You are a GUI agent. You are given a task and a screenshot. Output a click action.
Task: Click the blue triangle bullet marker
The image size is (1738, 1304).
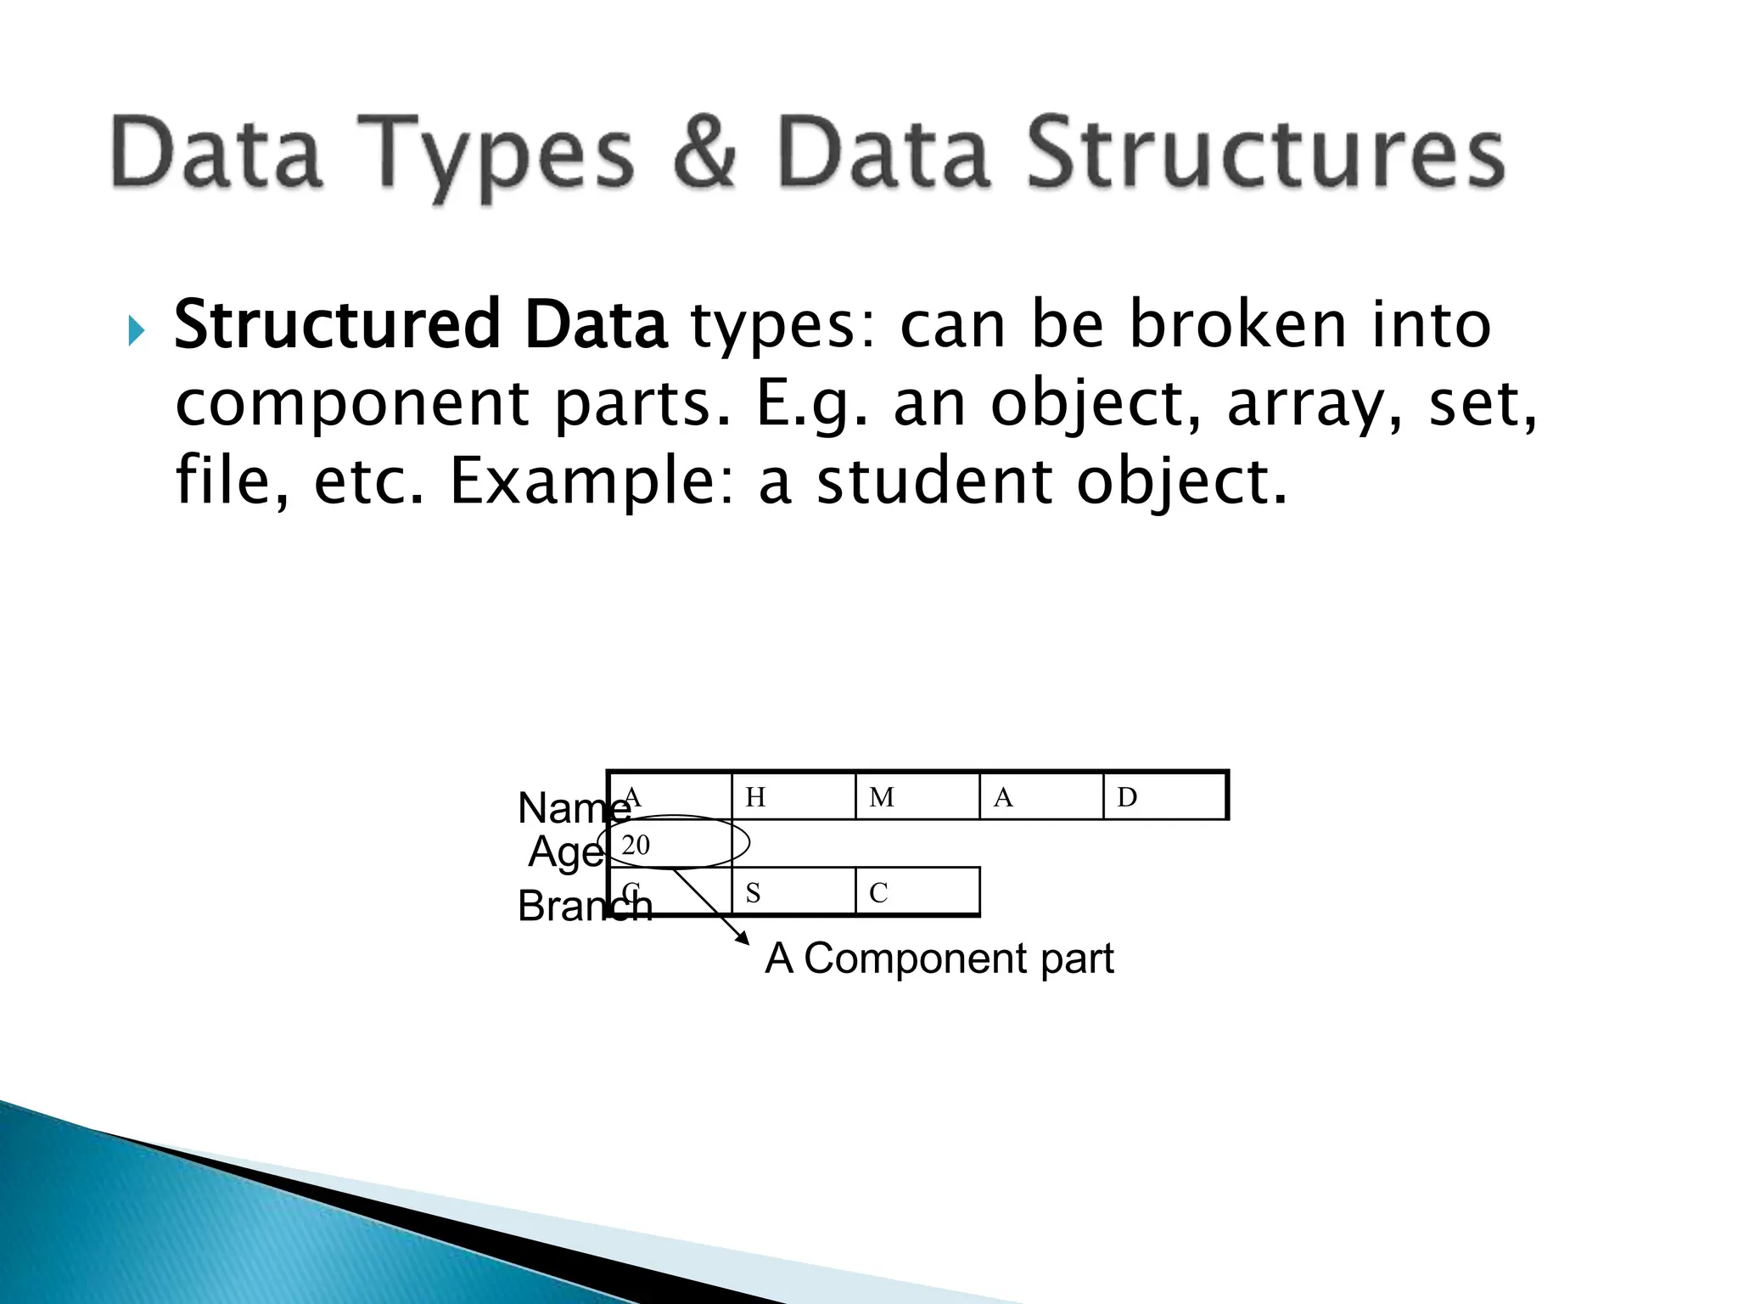(136, 330)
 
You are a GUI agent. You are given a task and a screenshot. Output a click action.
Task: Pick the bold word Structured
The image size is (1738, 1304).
(337, 325)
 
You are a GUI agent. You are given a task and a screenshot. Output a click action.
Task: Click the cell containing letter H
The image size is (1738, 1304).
(793, 796)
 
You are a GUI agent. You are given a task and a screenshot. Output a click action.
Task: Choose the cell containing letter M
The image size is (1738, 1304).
(917, 796)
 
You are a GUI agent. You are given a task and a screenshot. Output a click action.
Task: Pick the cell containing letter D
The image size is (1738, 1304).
(1164, 796)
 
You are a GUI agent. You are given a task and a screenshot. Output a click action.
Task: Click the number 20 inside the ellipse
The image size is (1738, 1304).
(636, 845)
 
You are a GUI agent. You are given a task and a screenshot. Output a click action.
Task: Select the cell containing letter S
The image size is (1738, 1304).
(793, 892)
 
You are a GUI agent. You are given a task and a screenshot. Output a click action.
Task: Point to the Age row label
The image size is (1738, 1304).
(565, 852)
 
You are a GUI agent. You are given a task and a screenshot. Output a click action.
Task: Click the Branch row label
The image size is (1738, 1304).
(584, 906)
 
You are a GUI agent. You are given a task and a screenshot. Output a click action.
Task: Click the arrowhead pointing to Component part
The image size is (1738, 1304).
(743, 937)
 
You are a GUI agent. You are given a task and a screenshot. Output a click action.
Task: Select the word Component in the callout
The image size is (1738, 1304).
(916, 959)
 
